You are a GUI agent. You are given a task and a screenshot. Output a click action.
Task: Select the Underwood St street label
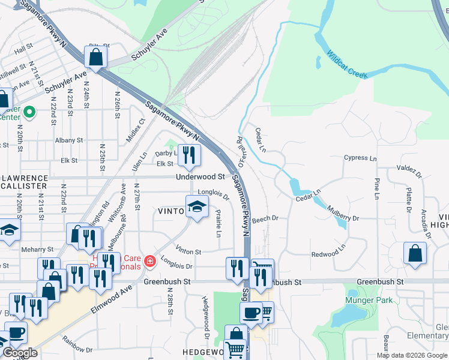click(200, 177)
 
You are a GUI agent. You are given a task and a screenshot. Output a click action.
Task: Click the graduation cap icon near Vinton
click(197, 207)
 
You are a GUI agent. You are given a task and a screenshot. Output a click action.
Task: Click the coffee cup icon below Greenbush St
click(251, 313)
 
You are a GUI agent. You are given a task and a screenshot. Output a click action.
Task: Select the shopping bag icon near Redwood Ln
click(415, 253)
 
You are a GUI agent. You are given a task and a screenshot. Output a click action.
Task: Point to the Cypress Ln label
click(360, 158)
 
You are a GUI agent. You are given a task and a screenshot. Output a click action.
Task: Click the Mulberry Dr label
click(343, 215)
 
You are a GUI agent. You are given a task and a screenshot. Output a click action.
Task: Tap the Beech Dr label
click(265, 219)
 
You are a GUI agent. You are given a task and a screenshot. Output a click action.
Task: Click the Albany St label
click(68, 140)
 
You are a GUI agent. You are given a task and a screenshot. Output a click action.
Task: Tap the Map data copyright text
click(411, 355)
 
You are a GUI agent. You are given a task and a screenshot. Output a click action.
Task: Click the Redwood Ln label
click(329, 251)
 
